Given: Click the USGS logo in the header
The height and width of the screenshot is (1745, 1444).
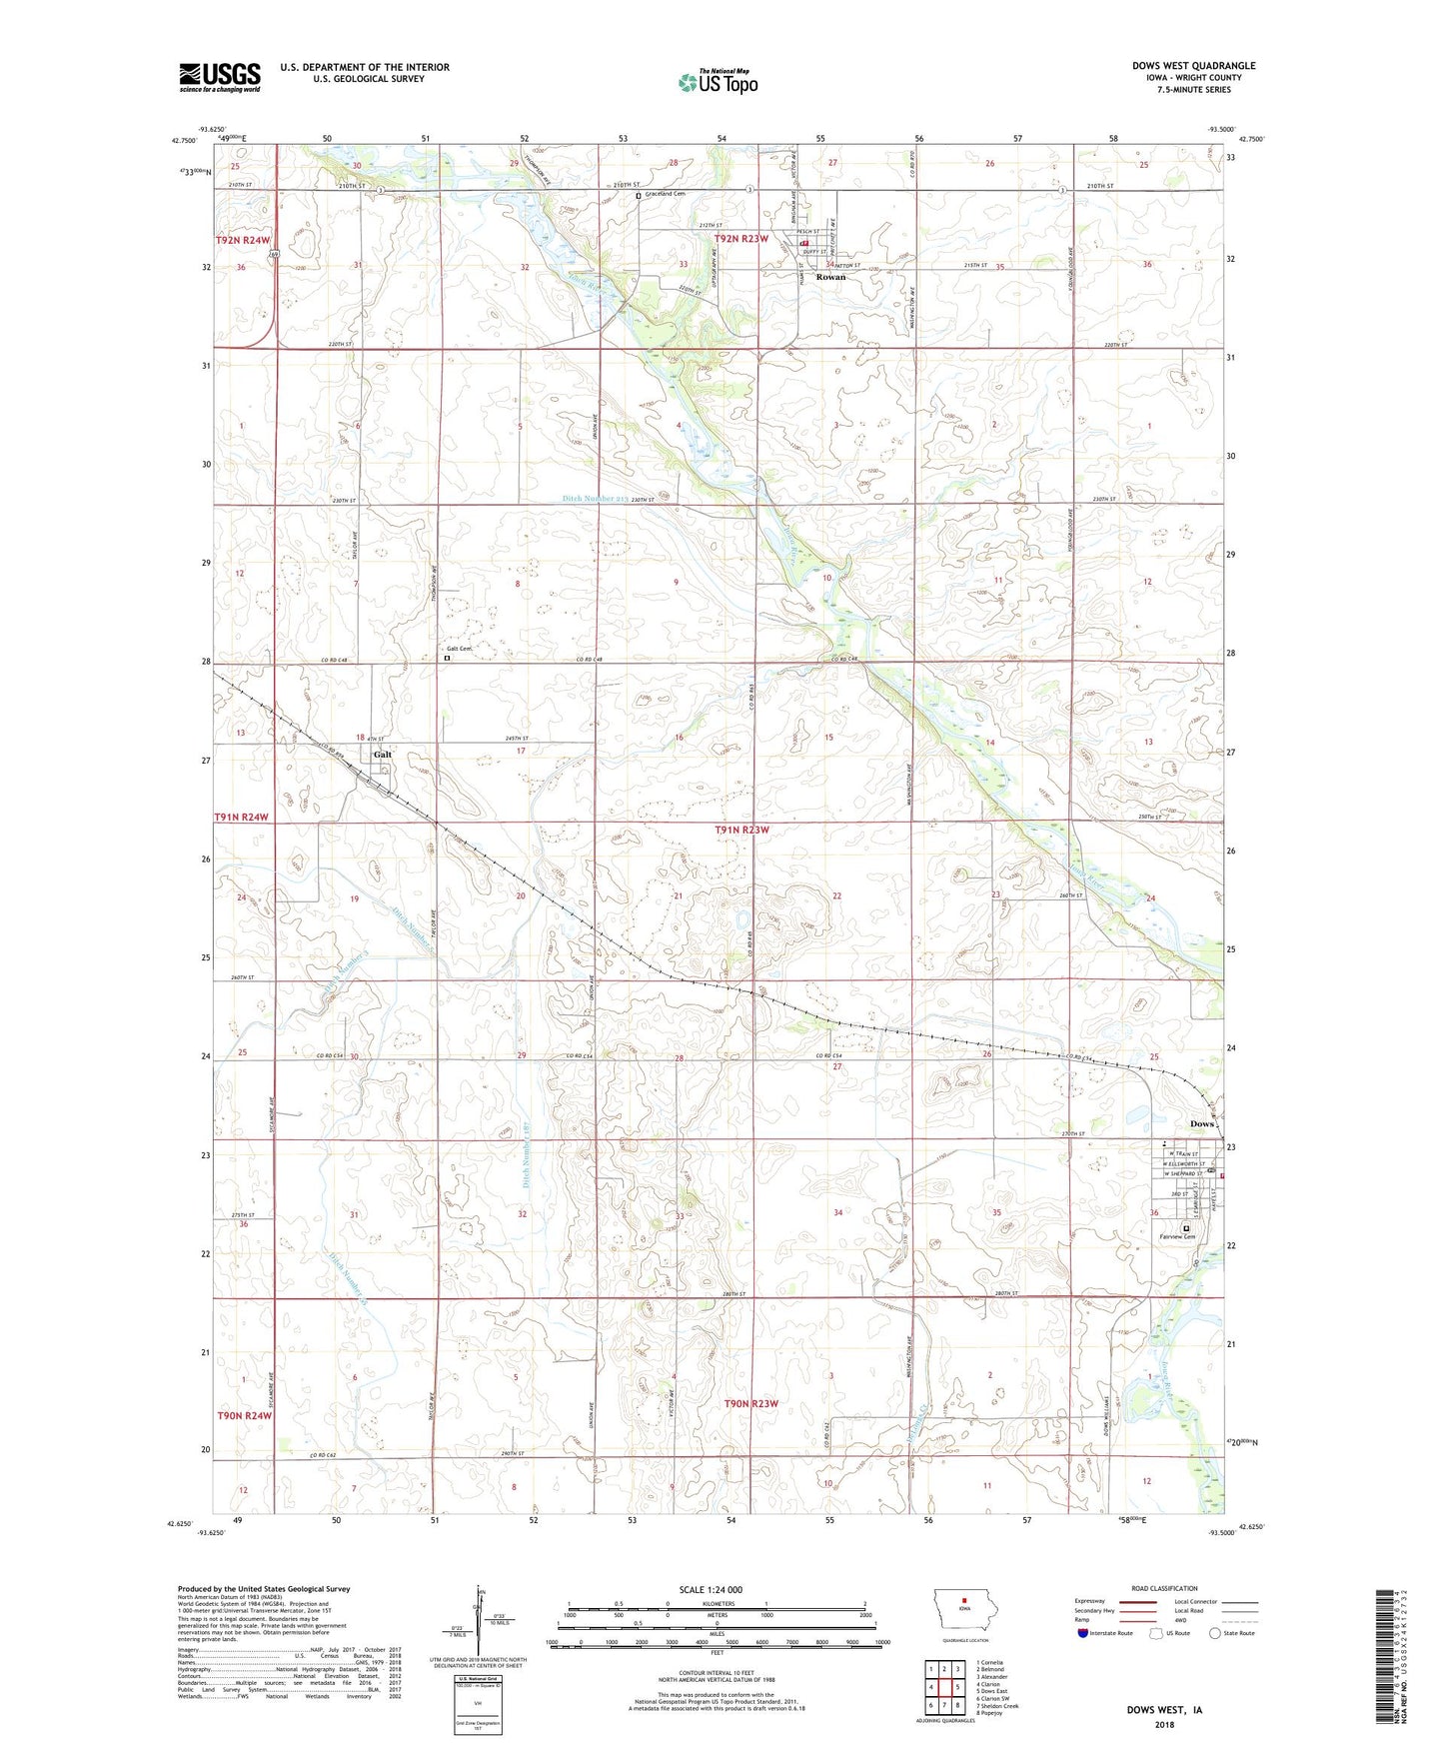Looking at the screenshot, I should point(220,77).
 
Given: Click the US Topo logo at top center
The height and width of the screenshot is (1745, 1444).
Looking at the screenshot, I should point(718,82).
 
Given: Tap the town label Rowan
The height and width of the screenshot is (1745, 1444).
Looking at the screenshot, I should point(830,277).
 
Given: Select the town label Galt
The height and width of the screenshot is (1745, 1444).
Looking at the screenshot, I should point(383,755).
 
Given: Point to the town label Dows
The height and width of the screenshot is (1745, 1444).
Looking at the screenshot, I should point(1201,1123).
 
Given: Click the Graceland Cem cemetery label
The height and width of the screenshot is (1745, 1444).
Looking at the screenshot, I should point(665,194).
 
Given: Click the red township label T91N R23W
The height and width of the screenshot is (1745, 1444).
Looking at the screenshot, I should point(741,830).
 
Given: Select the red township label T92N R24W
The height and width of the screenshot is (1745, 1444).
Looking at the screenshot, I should point(242,241).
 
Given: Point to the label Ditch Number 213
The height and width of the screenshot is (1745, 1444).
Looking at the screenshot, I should point(595,499).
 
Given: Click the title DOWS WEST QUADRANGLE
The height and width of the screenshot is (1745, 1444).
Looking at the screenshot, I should point(1193,66).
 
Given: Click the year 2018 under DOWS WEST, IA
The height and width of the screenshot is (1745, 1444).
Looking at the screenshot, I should point(1164,1724).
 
